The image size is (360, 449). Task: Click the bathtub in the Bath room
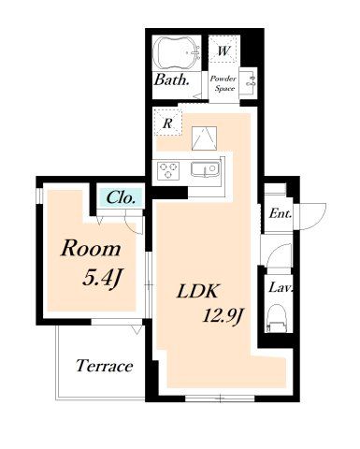[178, 52]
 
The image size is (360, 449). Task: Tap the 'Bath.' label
[172, 80]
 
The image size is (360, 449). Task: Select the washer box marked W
[223, 50]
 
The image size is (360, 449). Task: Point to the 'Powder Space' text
[223, 83]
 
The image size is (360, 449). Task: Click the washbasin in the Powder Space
[251, 80]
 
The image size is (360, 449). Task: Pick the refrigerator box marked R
[167, 123]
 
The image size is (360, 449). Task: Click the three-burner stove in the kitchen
[168, 170]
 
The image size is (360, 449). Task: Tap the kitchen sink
[204, 169]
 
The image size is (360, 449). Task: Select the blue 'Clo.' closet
[121, 197]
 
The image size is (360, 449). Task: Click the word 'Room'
[91, 249]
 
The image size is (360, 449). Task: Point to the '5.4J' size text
[101, 278]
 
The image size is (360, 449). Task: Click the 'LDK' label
[197, 292]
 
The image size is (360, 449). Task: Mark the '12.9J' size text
[223, 316]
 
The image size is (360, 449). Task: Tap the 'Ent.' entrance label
[281, 214]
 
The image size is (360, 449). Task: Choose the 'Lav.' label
[281, 287]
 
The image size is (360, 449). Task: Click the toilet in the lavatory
[277, 318]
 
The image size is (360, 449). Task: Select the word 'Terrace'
[105, 366]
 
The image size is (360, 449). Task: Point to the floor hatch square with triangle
[204, 138]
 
